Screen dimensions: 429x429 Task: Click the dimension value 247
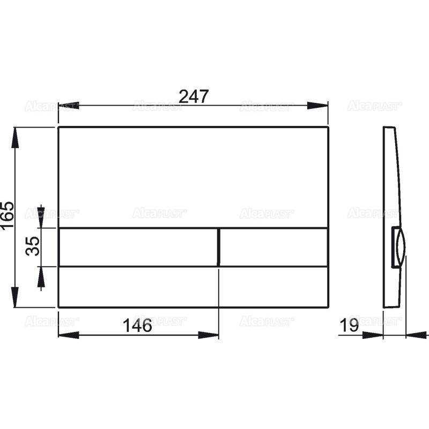coord(193,97)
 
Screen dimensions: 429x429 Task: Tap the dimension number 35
coord(33,247)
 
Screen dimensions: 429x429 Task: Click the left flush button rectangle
coord(138,247)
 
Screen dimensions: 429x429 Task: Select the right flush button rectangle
coord(273,247)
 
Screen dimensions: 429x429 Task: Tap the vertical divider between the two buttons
coord(218,247)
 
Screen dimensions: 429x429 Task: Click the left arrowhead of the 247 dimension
coord(68,106)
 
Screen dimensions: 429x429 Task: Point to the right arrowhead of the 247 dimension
coord(318,106)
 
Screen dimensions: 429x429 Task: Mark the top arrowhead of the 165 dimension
coord(16,137)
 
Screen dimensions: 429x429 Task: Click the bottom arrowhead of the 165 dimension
coord(16,298)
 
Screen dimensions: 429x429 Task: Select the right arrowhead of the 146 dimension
coord(209,335)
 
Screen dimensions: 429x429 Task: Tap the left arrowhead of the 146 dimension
coord(68,335)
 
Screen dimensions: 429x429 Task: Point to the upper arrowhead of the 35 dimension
coord(41,217)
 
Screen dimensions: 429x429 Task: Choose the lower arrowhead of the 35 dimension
coord(41,276)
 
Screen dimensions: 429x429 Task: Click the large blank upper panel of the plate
coord(193,177)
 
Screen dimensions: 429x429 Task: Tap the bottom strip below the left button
coord(138,286)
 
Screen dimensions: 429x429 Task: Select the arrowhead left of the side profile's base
coord(374,335)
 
